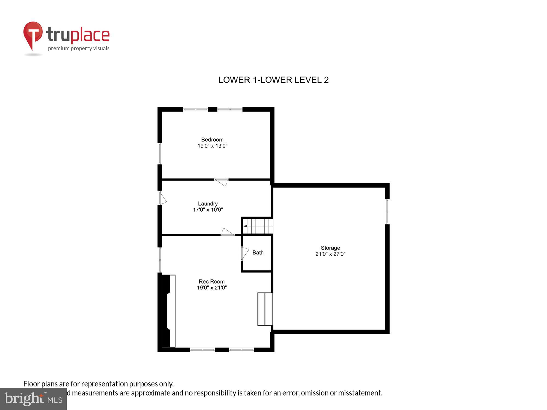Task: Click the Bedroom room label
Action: click(212, 140)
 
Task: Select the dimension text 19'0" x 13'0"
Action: click(212, 146)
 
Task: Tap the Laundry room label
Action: click(208, 204)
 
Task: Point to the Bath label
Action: click(258, 253)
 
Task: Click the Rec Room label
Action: click(211, 282)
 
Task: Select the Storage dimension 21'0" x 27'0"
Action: click(330, 254)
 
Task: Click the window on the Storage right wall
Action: click(387, 212)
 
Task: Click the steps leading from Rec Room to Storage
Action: click(265, 309)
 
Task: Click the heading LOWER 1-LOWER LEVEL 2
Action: click(273, 80)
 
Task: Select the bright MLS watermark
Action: click(33, 399)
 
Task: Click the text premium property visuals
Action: click(79, 49)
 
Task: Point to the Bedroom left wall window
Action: click(160, 153)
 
